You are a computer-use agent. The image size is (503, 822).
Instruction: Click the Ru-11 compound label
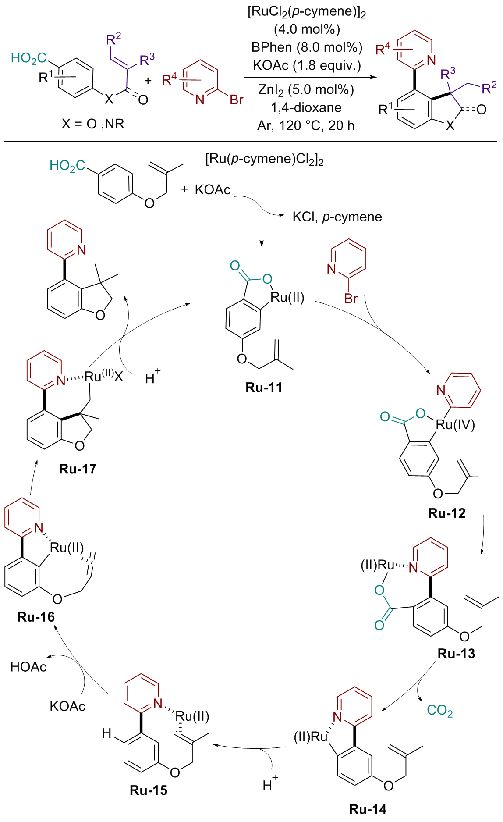(x=264, y=388)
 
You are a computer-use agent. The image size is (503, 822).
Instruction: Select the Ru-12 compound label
(x=447, y=513)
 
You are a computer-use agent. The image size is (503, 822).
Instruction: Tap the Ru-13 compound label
(x=456, y=654)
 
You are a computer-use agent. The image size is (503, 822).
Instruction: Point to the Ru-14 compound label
(x=368, y=809)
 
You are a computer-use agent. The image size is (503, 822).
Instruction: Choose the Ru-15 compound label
(x=149, y=790)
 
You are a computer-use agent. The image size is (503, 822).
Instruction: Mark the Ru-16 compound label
(x=36, y=617)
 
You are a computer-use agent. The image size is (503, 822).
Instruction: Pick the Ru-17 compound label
(x=78, y=469)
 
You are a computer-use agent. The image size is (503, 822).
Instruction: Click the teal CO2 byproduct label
(x=439, y=711)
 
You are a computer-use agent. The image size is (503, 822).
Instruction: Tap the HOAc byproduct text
(x=28, y=667)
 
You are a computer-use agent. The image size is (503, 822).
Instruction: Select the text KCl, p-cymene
(x=337, y=217)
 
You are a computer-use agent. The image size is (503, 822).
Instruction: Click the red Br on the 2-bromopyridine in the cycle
(x=351, y=299)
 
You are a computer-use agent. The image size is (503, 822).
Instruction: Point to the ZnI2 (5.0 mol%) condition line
(x=306, y=90)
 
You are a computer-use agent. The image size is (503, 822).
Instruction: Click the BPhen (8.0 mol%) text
(x=307, y=47)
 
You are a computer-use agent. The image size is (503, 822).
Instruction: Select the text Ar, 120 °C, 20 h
(x=306, y=126)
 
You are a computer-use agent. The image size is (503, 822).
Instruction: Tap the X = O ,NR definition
(x=93, y=124)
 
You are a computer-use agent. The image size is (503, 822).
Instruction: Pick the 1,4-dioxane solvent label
(x=306, y=108)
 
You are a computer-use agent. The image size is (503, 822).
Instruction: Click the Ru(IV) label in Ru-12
(x=456, y=424)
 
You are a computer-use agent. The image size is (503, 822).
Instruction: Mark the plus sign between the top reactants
(x=148, y=81)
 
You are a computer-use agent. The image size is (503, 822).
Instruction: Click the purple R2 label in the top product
(x=489, y=87)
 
